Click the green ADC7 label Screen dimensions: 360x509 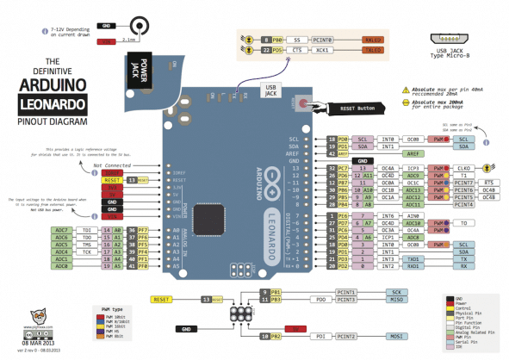coord(62,231)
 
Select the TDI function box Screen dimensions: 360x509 coord(87,231)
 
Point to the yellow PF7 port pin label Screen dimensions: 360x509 coord(132,231)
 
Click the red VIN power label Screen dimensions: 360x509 coord(111,215)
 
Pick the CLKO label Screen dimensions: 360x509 coord(463,169)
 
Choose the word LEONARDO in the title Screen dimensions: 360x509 coord(53,107)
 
